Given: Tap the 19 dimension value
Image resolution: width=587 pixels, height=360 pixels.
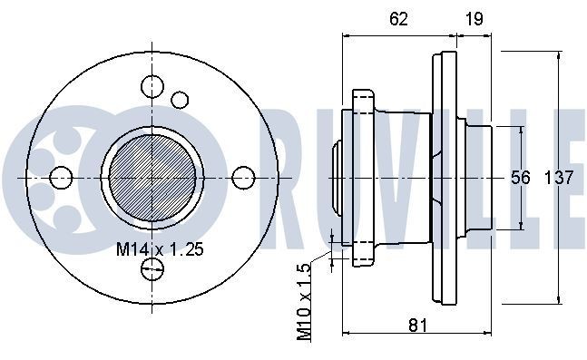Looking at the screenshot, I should click(473, 17).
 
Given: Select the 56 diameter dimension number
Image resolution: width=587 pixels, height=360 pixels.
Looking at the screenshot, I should click(521, 178).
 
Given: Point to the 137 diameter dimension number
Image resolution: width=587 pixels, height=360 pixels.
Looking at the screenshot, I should click(559, 178).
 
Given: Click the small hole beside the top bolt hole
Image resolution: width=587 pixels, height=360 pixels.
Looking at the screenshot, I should click(180, 99).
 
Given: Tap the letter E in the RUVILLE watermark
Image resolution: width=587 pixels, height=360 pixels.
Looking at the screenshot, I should click(571, 178).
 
